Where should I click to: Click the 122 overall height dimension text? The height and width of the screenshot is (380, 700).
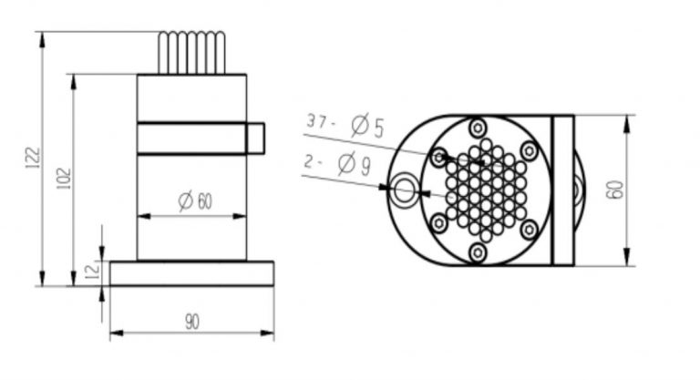click(x=33, y=159)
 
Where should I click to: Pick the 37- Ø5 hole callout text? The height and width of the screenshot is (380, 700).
click(x=345, y=123)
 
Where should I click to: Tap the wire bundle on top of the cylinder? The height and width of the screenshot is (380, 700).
click(x=191, y=53)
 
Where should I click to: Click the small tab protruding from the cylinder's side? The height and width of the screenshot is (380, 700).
click(x=255, y=137)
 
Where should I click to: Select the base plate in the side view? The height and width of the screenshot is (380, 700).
click(x=191, y=273)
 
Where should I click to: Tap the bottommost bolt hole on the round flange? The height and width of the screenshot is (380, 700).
click(x=477, y=252)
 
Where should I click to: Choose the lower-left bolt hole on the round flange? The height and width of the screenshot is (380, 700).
click(x=439, y=222)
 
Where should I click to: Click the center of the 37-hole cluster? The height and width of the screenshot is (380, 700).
click(x=486, y=190)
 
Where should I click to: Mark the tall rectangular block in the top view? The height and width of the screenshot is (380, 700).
click(x=563, y=190)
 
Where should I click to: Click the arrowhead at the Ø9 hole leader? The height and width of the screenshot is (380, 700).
click(x=386, y=189)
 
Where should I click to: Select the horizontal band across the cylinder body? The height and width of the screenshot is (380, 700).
click(x=191, y=137)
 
